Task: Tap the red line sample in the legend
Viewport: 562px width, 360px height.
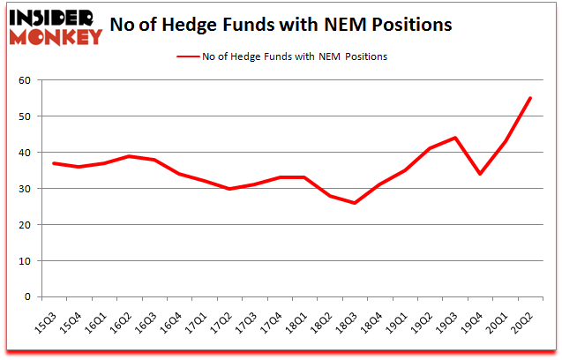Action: (191, 56)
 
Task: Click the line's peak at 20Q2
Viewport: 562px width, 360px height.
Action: (530, 98)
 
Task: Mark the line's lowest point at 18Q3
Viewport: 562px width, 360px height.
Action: (355, 203)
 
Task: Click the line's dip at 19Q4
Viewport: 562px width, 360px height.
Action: (480, 174)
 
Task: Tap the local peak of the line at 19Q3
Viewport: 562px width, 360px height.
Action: (455, 138)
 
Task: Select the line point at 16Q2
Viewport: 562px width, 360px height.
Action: (129, 156)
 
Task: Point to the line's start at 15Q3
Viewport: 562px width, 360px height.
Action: (54, 163)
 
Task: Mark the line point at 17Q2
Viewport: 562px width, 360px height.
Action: (229, 189)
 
